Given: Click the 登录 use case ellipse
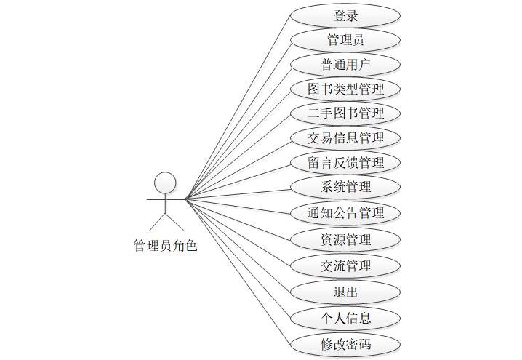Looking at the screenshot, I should pos(345,15).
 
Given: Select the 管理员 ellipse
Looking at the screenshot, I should pos(345,39).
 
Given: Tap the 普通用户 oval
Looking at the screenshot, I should pos(345,64).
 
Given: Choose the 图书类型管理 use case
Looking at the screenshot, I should pos(345,89).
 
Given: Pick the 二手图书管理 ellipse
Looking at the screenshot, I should pos(345,113).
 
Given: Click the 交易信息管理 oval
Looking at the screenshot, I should pos(345,137).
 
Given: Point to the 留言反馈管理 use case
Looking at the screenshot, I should pos(345,162).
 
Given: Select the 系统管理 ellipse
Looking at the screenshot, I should pos(345,187).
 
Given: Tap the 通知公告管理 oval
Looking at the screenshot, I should pos(345,213).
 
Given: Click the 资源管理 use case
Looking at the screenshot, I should pos(345,239).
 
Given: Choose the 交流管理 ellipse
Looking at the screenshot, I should pos(345,265).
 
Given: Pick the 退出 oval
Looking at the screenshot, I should pos(345,292).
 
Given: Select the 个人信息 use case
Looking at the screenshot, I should pos(345,318).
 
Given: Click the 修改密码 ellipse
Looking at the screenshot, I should pos(345,344).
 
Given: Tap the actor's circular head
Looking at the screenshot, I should pos(166,183).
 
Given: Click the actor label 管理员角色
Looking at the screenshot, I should pos(166,246).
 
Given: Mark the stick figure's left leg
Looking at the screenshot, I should pos(158,221).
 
